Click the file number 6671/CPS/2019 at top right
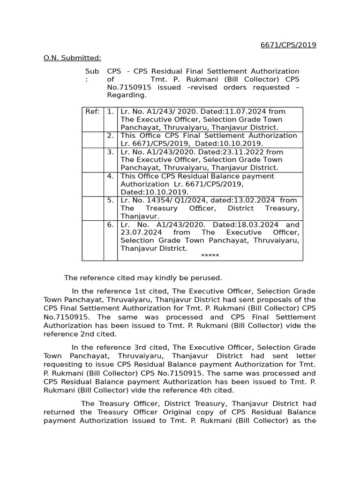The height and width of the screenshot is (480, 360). (x=288, y=45)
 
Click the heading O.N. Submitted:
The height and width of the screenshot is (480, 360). (x=72, y=58)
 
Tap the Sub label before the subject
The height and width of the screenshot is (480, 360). (x=92, y=71)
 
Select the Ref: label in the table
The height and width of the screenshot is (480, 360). (x=92, y=112)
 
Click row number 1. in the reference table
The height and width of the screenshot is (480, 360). (x=110, y=112)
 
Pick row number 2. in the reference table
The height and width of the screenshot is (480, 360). (x=110, y=135)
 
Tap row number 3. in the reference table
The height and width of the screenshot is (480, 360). (x=110, y=152)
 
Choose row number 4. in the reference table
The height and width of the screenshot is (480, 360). (x=110, y=176)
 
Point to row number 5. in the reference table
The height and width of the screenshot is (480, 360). (x=110, y=200)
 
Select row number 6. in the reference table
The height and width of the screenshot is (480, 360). (x=110, y=225)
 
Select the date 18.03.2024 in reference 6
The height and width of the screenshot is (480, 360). (x=256, y=225)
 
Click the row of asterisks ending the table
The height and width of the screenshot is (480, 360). (x=210, y=256)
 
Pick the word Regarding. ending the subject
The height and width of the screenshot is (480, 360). (x=127, y=95)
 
